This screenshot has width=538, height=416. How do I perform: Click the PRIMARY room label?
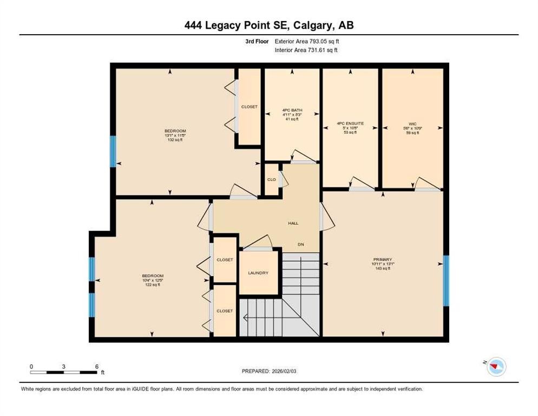382,259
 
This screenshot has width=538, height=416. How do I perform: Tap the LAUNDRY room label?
258,273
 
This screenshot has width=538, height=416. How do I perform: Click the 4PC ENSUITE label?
350,123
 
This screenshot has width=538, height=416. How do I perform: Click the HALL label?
293,223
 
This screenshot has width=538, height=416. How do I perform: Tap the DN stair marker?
301,244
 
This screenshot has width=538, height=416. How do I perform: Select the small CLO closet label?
271,179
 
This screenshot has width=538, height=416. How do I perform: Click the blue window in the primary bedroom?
446,281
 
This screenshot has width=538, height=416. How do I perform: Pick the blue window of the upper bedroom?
113,152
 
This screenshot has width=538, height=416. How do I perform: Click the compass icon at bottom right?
496,367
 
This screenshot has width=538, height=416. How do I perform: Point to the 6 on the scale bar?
96,366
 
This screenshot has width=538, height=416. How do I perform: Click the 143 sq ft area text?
383,269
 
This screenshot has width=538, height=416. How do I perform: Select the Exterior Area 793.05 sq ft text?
307,41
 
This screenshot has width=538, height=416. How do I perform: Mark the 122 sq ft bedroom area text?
150,284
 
